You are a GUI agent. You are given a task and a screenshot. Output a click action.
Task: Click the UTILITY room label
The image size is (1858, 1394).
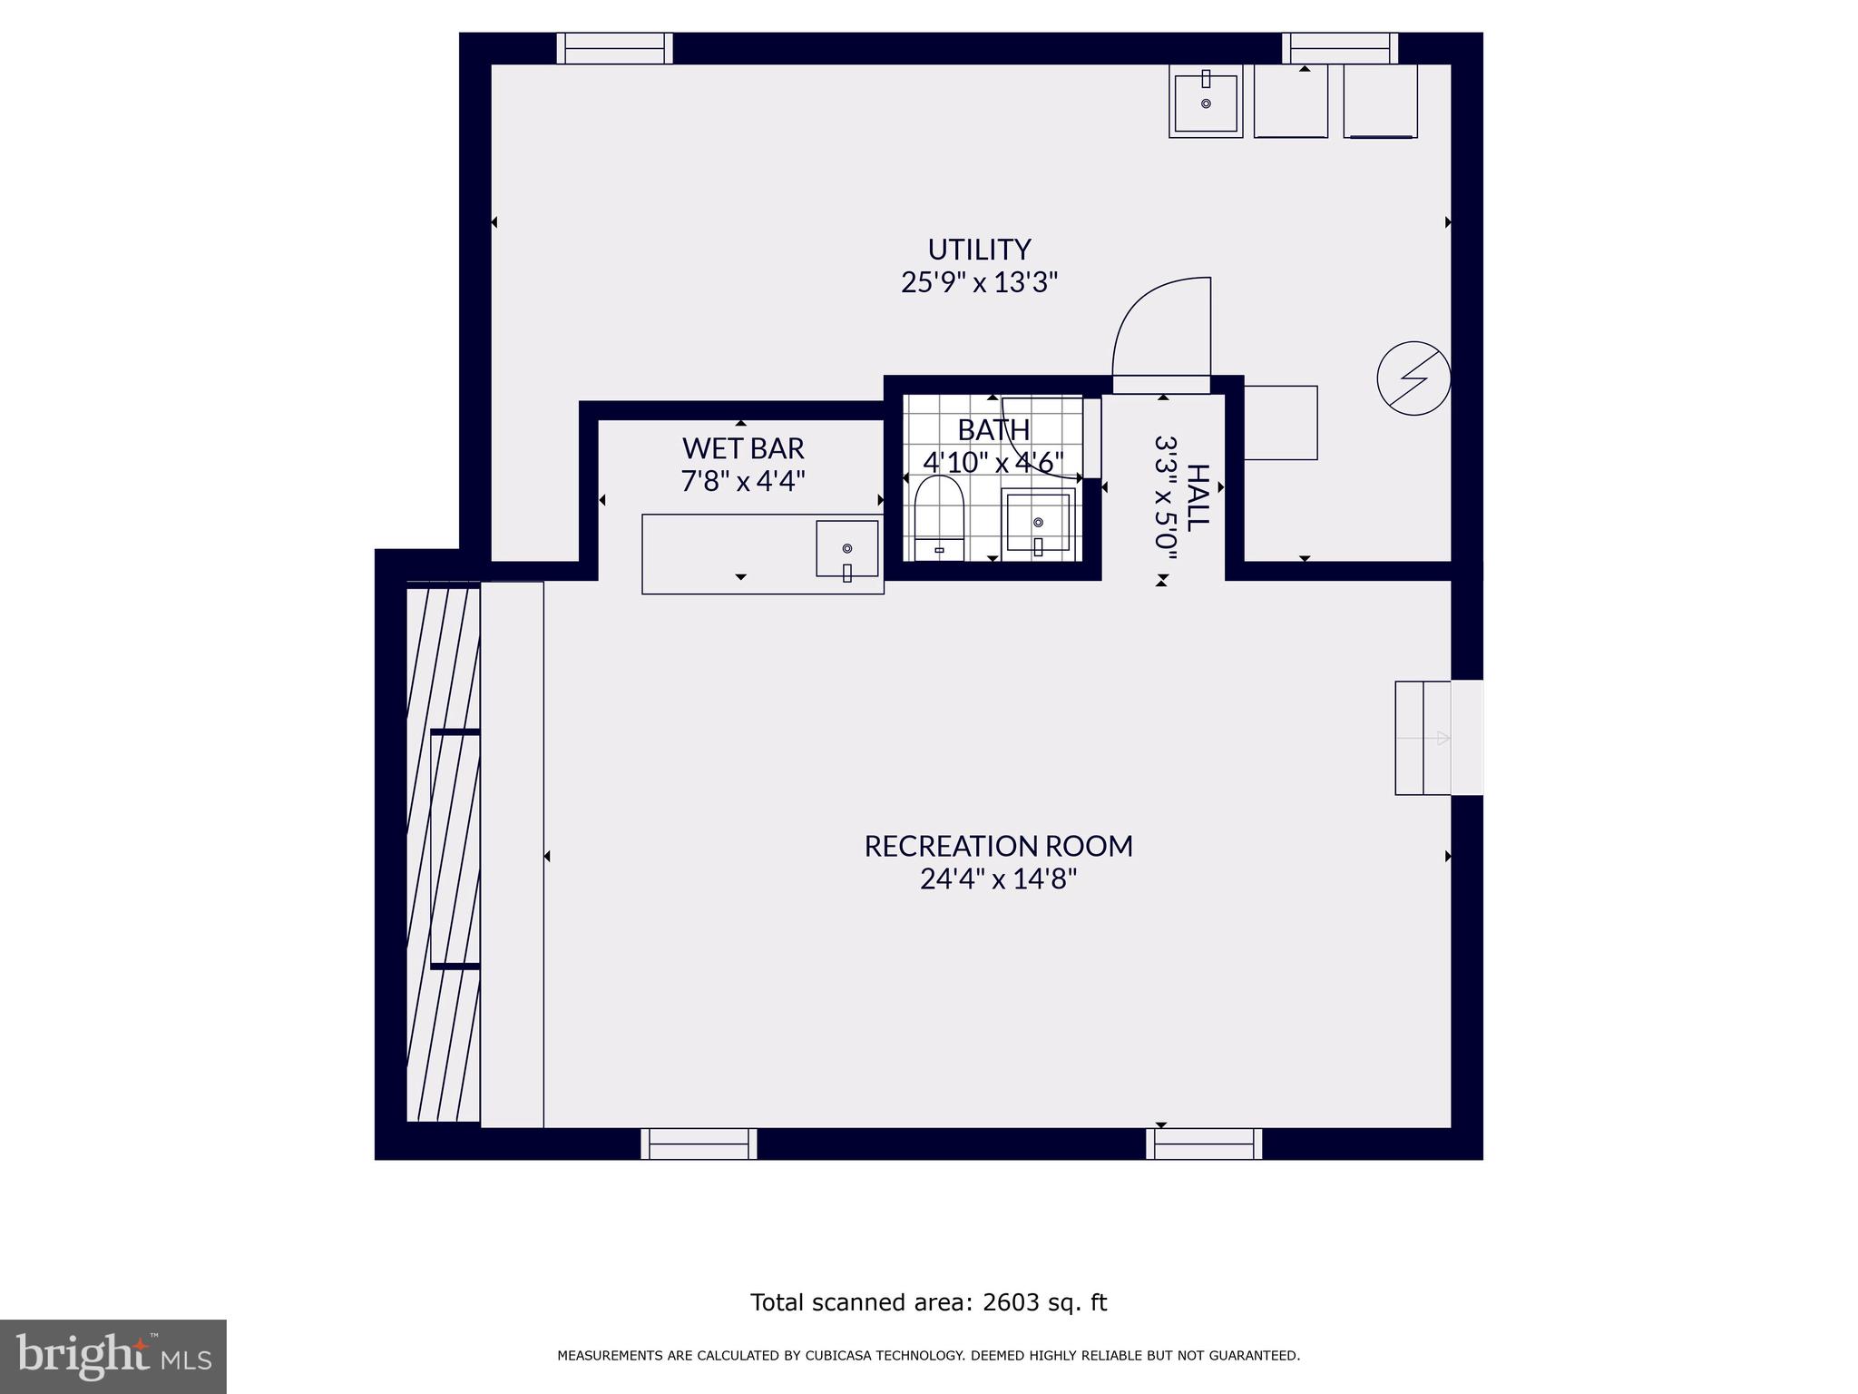(979, 249)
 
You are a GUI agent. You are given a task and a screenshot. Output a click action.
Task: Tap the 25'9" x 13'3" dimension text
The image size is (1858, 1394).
(979, 282)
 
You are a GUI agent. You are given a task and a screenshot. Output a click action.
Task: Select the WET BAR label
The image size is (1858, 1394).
(743, 448)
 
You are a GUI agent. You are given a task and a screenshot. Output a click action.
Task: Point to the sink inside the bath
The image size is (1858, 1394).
(1038, 523)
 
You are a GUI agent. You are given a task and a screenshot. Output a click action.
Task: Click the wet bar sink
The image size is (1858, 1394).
(846, 549)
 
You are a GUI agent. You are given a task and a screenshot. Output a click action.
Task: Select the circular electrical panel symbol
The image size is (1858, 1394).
(1413, 378)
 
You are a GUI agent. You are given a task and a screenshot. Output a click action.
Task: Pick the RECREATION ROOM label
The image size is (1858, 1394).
(998, 846)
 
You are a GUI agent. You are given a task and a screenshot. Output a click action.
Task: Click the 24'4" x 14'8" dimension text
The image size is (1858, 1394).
(998, 879)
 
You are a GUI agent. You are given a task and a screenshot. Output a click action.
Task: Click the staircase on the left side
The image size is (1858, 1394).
(443, 853)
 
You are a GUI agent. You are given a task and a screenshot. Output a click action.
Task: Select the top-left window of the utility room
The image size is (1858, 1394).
(614, 48)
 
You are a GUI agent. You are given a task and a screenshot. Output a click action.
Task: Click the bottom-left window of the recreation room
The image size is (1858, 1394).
(699, 1144)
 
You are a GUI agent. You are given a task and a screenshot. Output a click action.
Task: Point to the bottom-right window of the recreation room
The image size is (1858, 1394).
(1204, 1144)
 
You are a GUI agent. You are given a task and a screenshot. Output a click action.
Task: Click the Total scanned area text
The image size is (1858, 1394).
(928, 1302)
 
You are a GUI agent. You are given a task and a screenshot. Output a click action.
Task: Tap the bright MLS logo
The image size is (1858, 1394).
(112, 1356)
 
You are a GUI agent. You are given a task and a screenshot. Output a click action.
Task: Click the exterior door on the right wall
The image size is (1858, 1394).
(1466, 738)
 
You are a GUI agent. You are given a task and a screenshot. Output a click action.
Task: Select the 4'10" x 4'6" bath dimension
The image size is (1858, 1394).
(993, 462)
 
